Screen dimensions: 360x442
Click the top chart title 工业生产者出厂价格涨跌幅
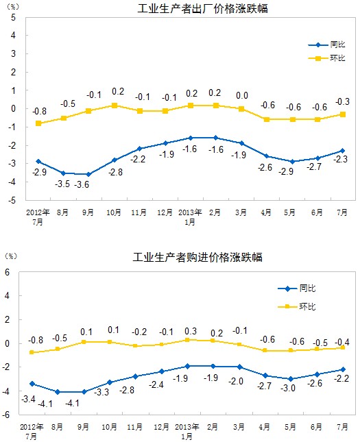tap(202, 8)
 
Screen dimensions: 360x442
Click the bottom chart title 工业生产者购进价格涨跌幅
tap(197, 257)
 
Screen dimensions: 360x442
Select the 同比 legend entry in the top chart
tap(326, 45)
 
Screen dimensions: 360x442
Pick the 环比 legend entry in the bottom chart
tap(296, 306)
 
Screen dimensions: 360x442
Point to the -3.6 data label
tap(82, 184)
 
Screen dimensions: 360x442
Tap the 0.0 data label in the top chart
tap(242, 96)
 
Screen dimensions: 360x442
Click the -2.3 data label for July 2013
tap(341, 159)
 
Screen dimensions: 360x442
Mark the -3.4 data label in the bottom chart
tap(29, 399)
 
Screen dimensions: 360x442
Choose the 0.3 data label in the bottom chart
tap(191, 331)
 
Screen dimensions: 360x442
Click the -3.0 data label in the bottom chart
tap(288, 388)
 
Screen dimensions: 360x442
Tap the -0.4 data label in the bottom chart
tap(342, 342)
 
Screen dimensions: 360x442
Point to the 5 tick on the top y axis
tap(13, 18)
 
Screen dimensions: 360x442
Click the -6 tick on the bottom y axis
tap(7, 415)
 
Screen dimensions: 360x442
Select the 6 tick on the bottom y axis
tap(8, 272)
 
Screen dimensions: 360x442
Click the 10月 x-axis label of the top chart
tap(114, 212)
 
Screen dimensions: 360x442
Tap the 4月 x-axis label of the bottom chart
tap(265, 427)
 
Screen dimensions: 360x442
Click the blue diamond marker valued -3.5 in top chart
tap(64, 173)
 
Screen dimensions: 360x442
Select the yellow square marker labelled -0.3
tap(343, 114)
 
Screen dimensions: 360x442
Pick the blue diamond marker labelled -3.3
tap(110, 382)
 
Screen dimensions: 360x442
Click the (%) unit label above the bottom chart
tap(11, 256)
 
